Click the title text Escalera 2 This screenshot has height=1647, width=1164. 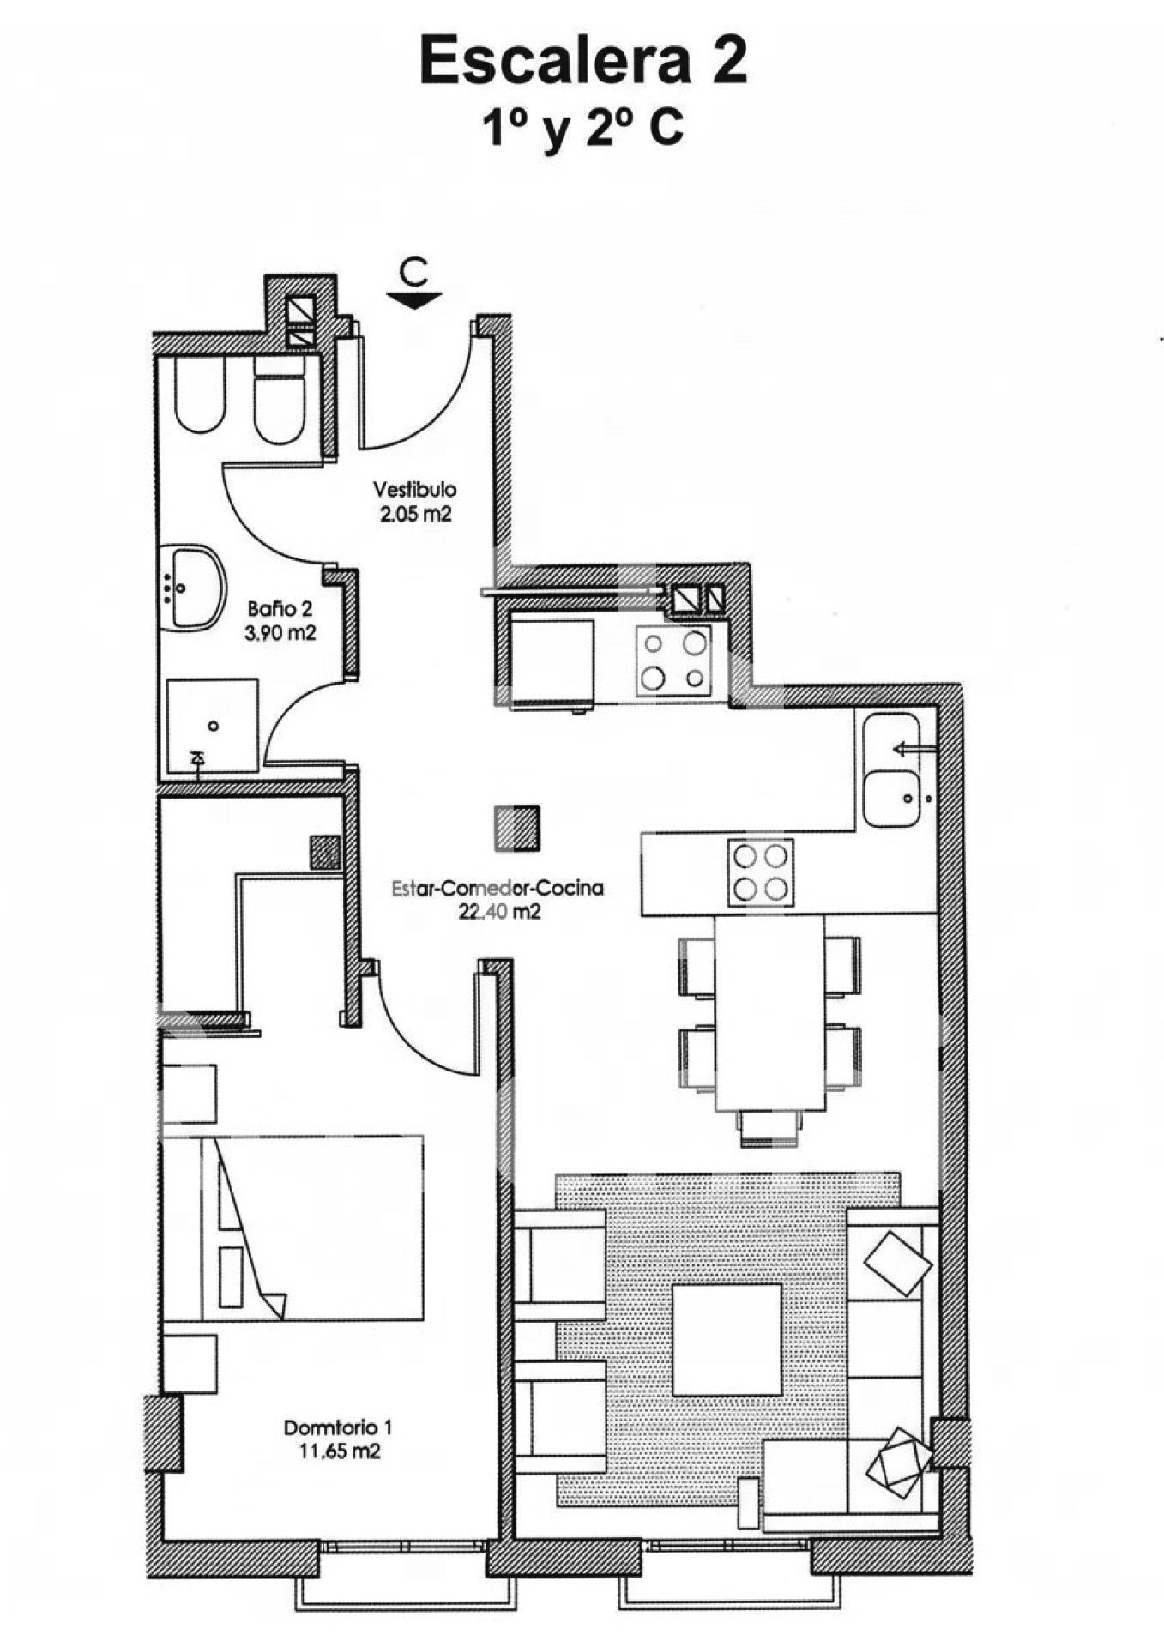click(583, 61)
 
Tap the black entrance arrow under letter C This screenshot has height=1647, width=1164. click(413, 299)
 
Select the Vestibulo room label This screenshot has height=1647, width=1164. click(414, 490)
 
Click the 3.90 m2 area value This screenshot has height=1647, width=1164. click(280, 633)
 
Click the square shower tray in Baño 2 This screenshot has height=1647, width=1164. click(212, 726)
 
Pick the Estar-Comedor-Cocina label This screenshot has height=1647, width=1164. click(498, 889)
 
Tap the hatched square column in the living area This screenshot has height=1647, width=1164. click(517, 828)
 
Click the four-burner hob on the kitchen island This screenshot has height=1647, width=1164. click(761, 872)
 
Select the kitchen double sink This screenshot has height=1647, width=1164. click(891, 769)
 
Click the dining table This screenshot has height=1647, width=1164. click(769, 1012)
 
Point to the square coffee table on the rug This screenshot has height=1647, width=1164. click(727, 1339)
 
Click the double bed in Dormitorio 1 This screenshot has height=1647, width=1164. click(293, 1228)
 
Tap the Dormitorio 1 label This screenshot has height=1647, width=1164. click(338, 1428)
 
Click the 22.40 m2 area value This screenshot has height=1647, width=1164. click(499, 912)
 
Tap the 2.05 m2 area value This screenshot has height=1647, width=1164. click(416, 515)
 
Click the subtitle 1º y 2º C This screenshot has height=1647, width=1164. click(582, 129)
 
